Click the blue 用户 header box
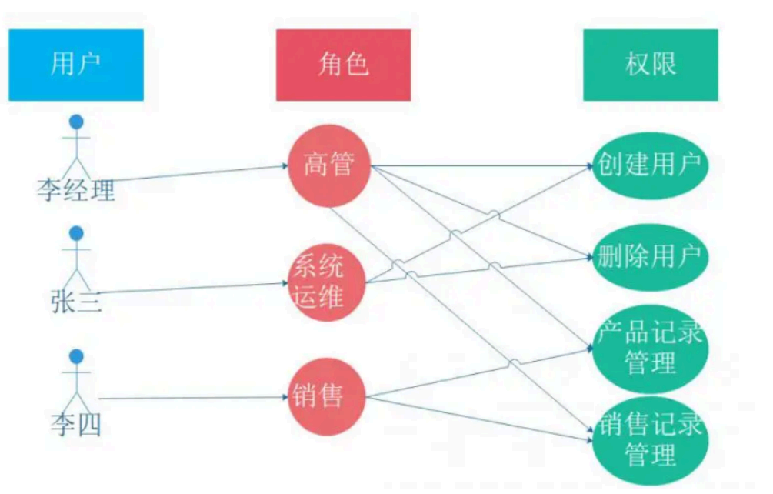click(x=75, y=65)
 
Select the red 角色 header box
click(x=343, y=65)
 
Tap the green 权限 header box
click(x=651, y=65)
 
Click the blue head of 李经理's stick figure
click(x=76, y=121)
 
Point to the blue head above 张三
click(x=76, y=232)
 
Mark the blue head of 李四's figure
click(x=76, y=355)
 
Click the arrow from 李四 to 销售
click(x=192, y=398)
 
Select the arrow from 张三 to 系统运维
click(x=192, y=289)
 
